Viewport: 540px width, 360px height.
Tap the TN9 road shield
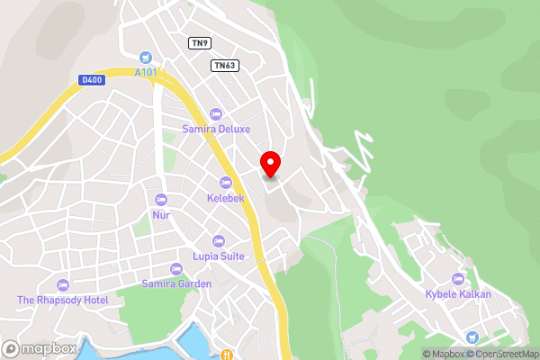pos(199,42)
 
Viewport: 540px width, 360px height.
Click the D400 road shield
pos(92,80)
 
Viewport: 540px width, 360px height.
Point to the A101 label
pos(146,72)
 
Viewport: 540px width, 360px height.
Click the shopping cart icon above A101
pos(146,57)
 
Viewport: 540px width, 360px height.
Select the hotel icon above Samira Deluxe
pos(215,113)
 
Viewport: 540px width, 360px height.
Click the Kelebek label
pos(225,197)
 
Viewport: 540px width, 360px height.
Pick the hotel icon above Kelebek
pos(225,183)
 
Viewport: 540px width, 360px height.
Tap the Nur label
pos(161,215)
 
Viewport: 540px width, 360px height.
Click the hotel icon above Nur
pos(161,200)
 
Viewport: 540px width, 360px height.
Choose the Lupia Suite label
pos(218,256)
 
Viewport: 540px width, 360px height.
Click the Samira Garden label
pos(176,283)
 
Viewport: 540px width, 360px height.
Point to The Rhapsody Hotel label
pos(62,300)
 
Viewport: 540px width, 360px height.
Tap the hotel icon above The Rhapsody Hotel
pos(62,284)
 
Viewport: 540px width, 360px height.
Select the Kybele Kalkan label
pos(459,294)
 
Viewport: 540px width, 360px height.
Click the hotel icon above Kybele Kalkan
pos(459,279)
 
